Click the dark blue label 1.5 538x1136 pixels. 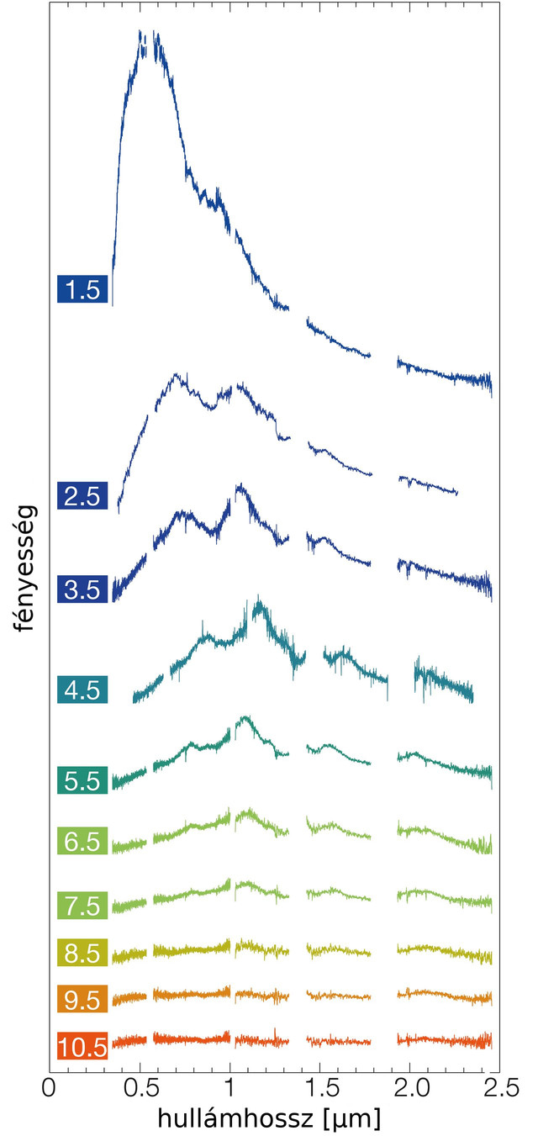[x=82, y=291]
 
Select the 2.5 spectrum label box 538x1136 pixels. [x=82, y=496]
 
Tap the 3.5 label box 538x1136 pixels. [x=82, y=589]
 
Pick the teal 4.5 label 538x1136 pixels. [x=82, y=690]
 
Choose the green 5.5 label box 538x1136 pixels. [x=82, y=780]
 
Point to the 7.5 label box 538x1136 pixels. [x=82, y=905]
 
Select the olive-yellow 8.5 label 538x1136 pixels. [x=82, y=954]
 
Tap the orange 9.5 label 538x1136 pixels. [x=82, y=1000]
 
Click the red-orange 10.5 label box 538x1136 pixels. [x=82, y=1047]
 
